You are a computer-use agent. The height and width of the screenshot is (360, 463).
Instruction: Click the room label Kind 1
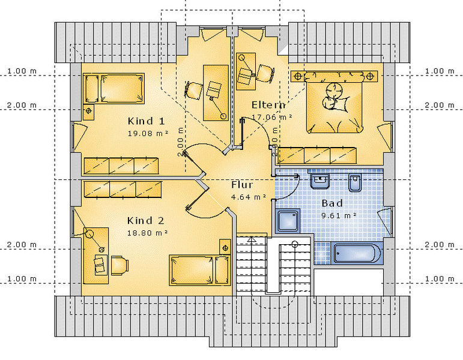(146, 121)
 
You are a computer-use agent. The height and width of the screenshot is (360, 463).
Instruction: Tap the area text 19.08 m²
(148, 133)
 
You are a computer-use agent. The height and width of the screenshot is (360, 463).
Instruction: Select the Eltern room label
(268, 105)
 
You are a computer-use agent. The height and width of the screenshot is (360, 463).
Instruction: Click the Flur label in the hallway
(242, 185)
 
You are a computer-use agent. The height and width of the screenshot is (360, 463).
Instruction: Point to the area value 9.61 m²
(339, 215)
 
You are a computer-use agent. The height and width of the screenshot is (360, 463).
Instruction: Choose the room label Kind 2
(145, 220)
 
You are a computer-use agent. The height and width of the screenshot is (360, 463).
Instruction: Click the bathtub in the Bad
(356, 253)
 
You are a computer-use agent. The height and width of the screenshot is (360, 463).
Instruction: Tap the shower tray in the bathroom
(288, 221)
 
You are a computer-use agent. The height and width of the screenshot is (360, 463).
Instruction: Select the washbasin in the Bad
(320, 181)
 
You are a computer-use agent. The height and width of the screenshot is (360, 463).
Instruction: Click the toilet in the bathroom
(355, 182)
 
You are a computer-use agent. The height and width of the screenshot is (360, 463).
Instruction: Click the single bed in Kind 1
(113, 89)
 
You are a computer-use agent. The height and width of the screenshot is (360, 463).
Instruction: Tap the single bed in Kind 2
(199, 270)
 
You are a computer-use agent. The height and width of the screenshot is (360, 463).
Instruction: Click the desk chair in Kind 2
(120, 265)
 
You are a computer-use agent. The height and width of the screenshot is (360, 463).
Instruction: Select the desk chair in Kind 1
(194, 90)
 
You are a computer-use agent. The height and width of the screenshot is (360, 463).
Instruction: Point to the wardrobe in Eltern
(317, 155)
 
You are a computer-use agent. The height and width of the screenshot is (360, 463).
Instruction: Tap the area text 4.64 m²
(249, 197)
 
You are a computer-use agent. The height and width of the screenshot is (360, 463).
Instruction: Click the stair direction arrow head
(252, 239)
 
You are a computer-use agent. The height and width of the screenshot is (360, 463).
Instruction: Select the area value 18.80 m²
(147, 233)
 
